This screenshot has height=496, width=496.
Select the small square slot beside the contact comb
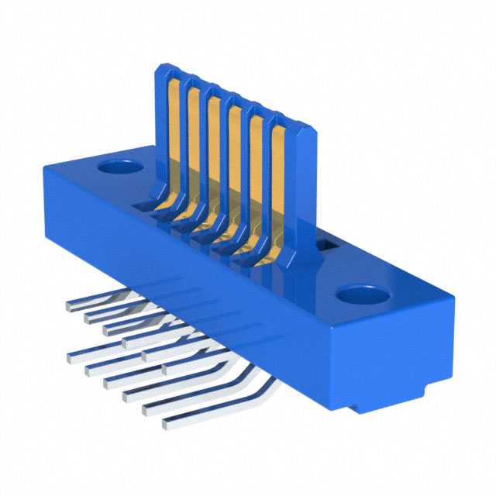(326, 246)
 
